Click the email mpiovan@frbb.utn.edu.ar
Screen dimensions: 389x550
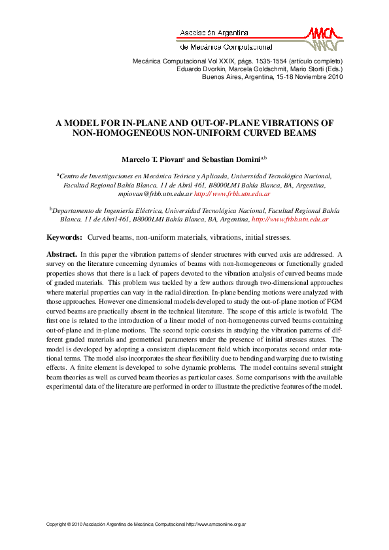(x=155, y=194)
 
